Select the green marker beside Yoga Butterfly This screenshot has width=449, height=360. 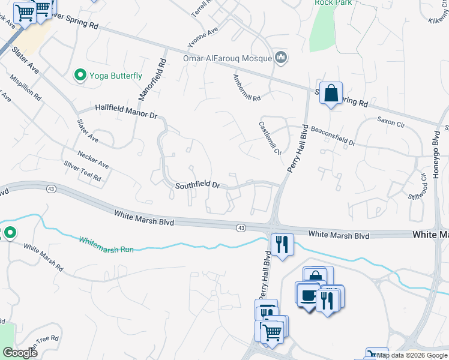click(x=79, y=75)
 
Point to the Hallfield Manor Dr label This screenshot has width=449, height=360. click(x=125, y=112)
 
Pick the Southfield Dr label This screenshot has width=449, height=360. click(x=197, y=186)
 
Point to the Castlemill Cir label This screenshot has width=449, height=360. click(x=270, y=138)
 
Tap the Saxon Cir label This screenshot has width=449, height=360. click(x=391, y=120)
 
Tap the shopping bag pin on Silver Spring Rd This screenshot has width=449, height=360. click(x=331, y=93)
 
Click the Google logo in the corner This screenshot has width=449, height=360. click(x=20, y=353)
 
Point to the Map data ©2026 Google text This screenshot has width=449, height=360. click(x=412, y=355)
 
